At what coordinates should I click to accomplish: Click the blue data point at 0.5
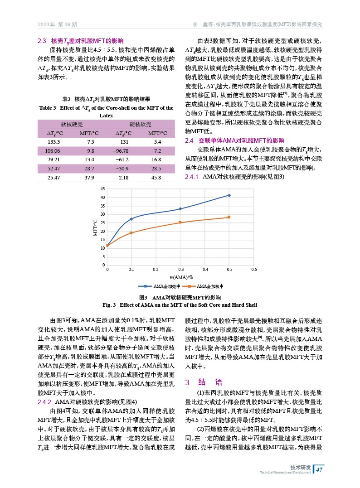click(x=229, y=195)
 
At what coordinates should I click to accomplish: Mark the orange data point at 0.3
click(x=180, y=222)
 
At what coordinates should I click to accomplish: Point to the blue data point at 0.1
click(x=131, y=219)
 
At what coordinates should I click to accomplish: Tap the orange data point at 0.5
click(x=229, y=217)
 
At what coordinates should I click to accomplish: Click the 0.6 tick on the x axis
click(x=254, y=270)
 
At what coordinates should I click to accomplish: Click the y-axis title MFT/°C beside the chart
click(x=95, y=227)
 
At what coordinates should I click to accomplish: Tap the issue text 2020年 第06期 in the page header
click(x=57, y=24)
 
